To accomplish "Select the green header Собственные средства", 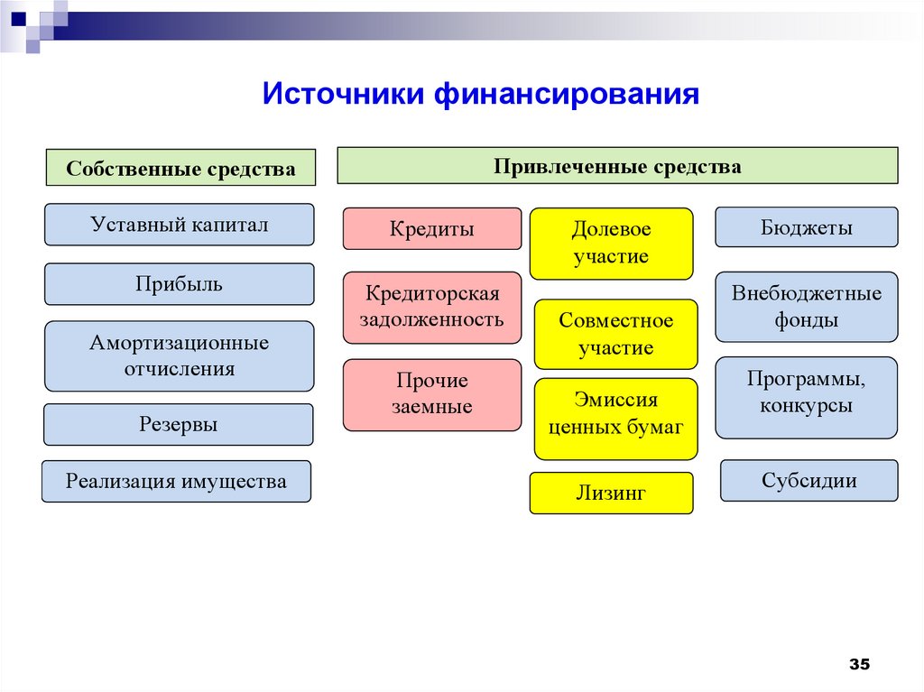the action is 180,169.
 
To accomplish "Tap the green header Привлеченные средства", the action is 617,167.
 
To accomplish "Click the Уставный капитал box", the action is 180,225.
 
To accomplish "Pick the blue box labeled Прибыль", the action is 180,284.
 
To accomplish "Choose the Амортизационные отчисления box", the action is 180,356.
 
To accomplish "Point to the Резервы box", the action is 179,424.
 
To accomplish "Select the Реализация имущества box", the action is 176,481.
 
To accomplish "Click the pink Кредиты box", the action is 432,228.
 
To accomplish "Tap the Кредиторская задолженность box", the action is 432,307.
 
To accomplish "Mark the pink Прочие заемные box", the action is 432,394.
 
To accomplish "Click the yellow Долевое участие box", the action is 611,244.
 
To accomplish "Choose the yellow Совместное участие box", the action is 616,334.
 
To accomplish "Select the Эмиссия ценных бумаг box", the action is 616,414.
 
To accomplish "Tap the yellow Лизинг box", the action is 611,493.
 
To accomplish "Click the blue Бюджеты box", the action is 807,227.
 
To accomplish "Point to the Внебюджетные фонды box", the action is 807,307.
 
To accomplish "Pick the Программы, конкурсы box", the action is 807,392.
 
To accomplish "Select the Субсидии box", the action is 808,480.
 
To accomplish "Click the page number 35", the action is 859,665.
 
